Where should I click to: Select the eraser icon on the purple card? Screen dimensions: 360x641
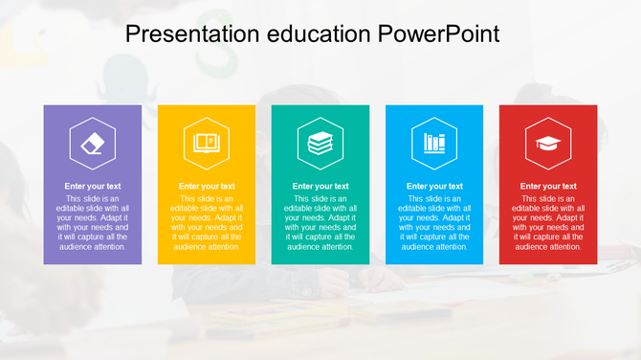93,143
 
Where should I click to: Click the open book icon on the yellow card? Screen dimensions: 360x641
206,143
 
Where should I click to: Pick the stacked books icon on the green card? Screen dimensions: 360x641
320,143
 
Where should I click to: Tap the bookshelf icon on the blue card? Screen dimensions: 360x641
434,143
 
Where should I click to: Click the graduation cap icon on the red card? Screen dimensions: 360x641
548,143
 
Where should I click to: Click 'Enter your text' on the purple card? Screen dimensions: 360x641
93,186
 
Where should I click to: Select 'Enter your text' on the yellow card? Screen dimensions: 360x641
207,186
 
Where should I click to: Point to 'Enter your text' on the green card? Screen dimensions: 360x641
320,186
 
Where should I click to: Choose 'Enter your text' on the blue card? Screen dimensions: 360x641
434,186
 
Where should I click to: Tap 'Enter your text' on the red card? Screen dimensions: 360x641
548,186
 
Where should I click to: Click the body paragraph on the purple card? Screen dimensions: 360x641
93,222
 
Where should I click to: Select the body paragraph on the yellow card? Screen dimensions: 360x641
207,222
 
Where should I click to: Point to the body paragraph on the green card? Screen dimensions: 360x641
320,222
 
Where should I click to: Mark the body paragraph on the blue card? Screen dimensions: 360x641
434,222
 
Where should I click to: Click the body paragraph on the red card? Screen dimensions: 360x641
548,222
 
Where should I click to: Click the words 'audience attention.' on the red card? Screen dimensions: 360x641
548,247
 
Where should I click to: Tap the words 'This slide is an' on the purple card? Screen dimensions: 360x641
93,198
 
